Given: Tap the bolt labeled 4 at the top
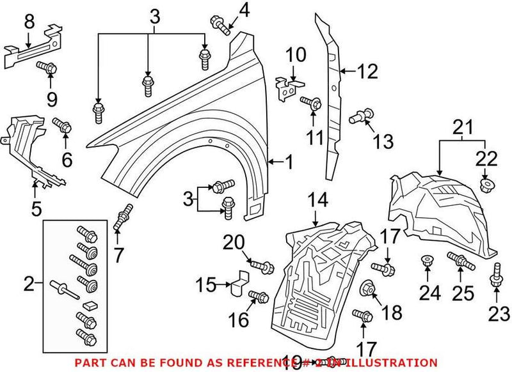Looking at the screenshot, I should tap(220, 24).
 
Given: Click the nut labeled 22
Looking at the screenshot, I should tap(485, 185).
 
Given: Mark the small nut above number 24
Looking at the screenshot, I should tap(426, 261).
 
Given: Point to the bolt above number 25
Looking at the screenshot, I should tap(459, 260).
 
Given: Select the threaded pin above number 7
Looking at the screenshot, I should tap(123, 215).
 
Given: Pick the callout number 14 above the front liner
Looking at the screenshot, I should tap(318, 200).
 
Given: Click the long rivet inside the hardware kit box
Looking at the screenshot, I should tap(66, 290).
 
